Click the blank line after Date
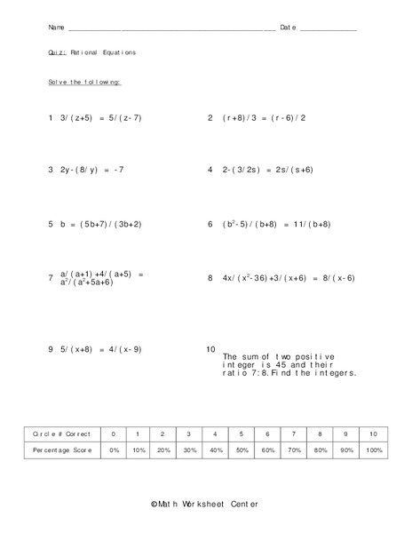tap(329, 29)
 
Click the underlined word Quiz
tap(56, 52)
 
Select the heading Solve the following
tap(84, 82)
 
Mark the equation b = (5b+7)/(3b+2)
tap(101, 225)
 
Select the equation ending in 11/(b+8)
tap(279, 225)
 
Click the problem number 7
tap(51, 279)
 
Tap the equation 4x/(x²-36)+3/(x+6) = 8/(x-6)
tap(288, 278)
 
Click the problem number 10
tap(210, 349)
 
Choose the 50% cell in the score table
tap(241, 450)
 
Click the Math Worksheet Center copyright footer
tap(205, 504)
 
